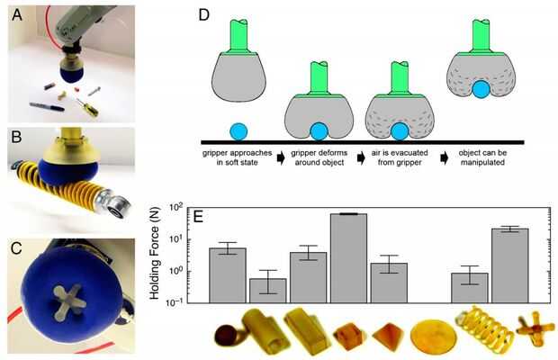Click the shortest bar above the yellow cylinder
pos(268,290)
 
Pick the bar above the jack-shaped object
pos(509,265)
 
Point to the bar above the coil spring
pos(470,287)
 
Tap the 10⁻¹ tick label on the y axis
pos(184,301)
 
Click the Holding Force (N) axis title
pos(162,256)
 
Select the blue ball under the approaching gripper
pos(238,130)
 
